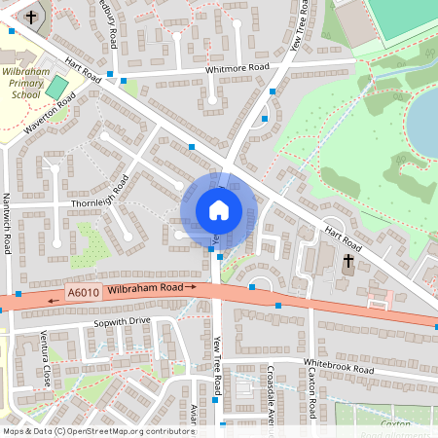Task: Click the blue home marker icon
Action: (219, 209)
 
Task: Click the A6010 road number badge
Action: (84, 292)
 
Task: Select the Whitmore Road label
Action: (237, 68)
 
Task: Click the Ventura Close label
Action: (45, 360)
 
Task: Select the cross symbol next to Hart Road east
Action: (348, 260)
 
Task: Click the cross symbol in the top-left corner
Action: (31, 18)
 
